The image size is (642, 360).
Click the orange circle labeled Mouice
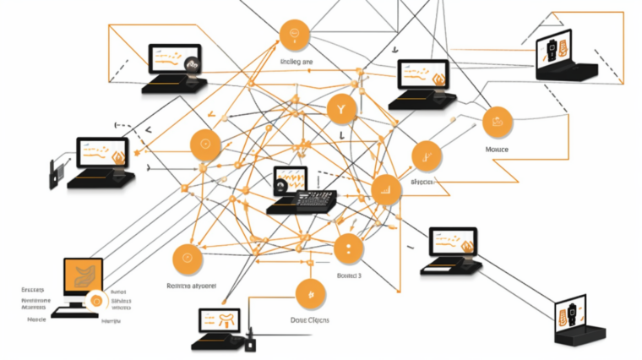pyautogui.click(x=498, y=123)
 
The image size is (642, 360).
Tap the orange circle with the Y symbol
pyautogui.click(x=341, y=109)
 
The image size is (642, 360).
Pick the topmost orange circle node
pyautogui.click(x=295, y=35)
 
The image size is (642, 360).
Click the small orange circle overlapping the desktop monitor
pyautogui.click(x=95, y=299)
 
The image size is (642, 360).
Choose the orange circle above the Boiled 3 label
pyautogui.click(x=348, y=248)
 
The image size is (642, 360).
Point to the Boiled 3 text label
pyautogui.click(x=349, y=275)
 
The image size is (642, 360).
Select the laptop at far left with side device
pyautogui.click(x=101, y=161)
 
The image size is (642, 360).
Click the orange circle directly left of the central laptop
pyautogui.click(x=205, y=145)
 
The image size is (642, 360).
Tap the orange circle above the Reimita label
pyautogui.click(x=188, y=259)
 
